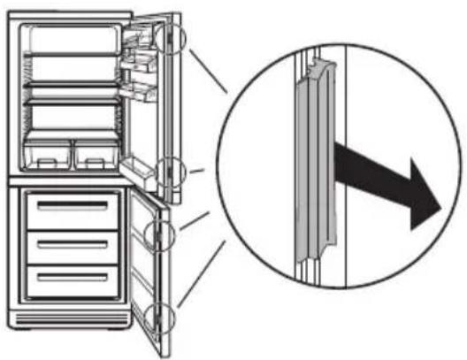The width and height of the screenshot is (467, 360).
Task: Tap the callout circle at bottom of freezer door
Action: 162,316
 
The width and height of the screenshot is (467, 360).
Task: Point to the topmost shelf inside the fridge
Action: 71,55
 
